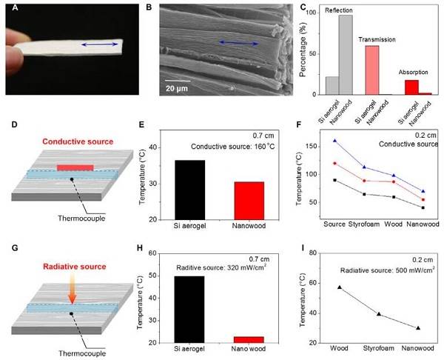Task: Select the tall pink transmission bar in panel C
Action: click(373, 70)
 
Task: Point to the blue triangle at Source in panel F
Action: click(335, 140)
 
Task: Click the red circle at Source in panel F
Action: click(335, 163)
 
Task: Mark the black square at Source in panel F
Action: click(335, 180)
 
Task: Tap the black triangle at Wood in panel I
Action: click(340, 287)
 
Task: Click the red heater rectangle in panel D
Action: click(75, 167)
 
